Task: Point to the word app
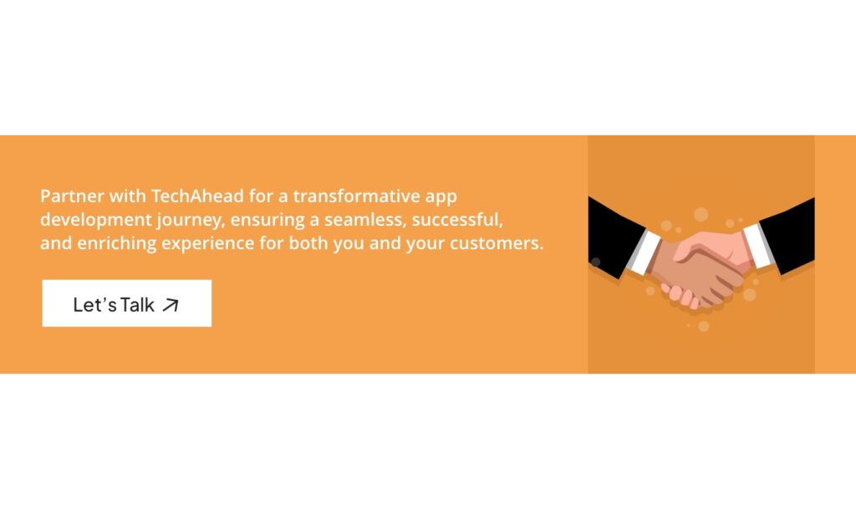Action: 442,198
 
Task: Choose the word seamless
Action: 354,221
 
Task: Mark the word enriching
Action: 110,245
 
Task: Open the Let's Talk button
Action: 126,303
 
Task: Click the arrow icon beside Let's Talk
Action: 171,305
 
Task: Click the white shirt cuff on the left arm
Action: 643,250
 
